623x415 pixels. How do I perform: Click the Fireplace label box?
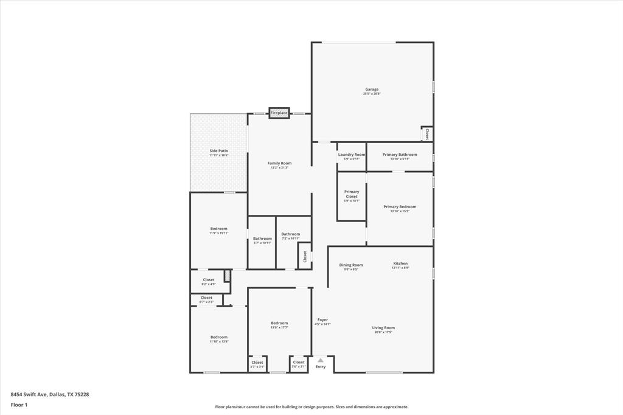click(279, 113)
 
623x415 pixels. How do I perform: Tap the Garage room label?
click(371, 89)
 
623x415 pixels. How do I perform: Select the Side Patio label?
click(218, 151)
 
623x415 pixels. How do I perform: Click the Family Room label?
click(279, 163)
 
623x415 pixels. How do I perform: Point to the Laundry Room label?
click(352, 155)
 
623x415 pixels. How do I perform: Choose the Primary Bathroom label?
click(400, 155)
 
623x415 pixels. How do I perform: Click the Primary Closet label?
click(352, 194)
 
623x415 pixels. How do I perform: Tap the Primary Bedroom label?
click(400, 207)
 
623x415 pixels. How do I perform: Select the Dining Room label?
click(350, 265)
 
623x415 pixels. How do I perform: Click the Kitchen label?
click(400, 263)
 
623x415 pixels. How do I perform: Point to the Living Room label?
click(383, 328)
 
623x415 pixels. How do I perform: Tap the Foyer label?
click(322, 320)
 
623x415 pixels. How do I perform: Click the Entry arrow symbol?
click(321, 360)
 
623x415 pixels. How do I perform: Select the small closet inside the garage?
click(427, 133)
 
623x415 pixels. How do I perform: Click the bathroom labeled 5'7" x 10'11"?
click(262, 239)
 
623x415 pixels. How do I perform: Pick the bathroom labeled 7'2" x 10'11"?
click(290, 234)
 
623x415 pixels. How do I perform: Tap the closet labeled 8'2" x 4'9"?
click(208, 280)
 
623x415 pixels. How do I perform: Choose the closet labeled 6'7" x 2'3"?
click(206, 298)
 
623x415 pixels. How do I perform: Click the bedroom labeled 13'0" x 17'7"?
click(279, 323)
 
